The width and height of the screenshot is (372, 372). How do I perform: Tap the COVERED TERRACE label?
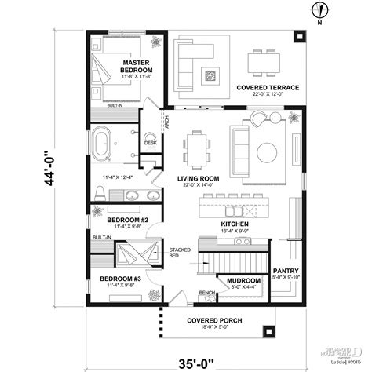(268, 88)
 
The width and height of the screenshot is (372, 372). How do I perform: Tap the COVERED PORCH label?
(213, 320)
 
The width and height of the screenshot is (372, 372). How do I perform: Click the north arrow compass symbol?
(319, 10)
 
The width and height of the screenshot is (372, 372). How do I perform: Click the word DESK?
(151, 144)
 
